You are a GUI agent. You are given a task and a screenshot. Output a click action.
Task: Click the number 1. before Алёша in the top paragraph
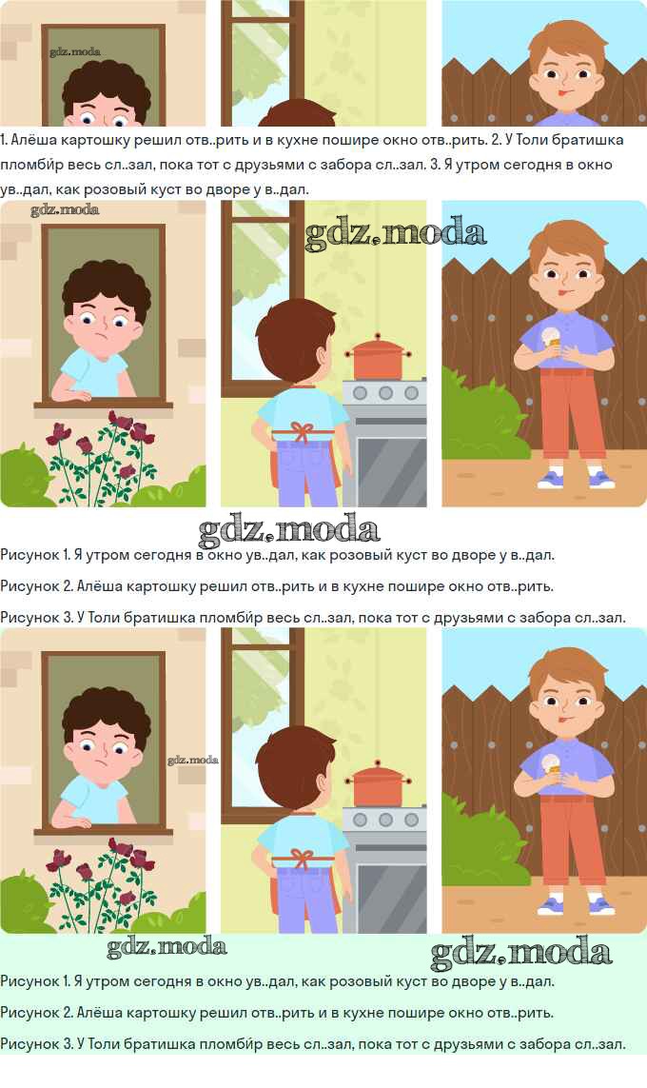point(4,140)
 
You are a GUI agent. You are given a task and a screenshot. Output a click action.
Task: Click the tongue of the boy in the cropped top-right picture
point(561,91)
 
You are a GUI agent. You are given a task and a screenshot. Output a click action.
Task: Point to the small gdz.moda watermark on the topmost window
point(75,52)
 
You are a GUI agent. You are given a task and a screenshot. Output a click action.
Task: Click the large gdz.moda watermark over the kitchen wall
point(395,234)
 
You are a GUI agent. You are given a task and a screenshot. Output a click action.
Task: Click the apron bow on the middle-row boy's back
point(302,431)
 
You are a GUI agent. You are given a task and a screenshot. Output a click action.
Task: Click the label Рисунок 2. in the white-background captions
point(35,586)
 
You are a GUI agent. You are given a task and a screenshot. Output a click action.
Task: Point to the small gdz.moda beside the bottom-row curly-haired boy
point(193,760)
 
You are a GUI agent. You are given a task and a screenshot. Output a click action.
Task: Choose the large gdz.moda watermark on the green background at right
point(520,954)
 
